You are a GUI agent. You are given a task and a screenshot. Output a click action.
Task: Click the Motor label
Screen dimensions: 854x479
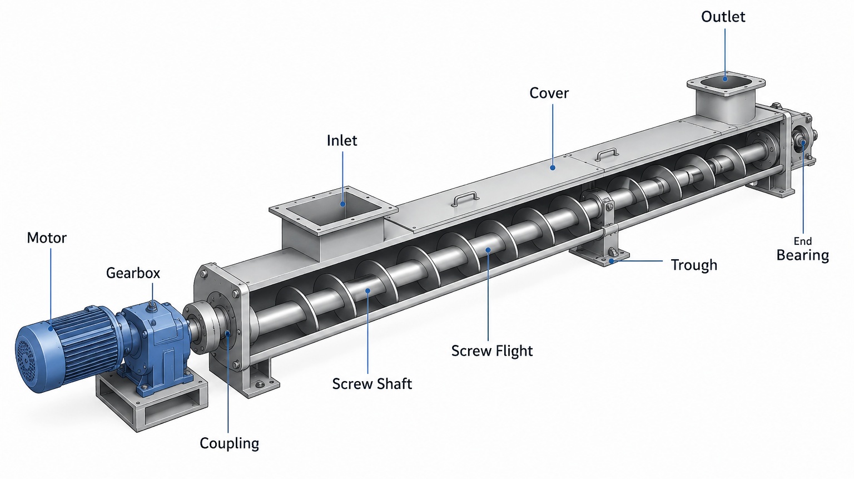(x=47, y=238)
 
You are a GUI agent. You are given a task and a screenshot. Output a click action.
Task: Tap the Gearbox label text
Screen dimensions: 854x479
(x=133, y=273)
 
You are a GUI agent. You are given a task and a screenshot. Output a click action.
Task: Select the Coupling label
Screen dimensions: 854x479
(x=229, y=443)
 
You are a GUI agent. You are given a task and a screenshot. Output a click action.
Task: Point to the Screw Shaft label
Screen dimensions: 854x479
(x=372, y=384)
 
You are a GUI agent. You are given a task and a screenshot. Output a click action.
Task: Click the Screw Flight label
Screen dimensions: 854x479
(x=492, y=351)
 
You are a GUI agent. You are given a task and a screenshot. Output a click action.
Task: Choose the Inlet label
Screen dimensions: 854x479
(x=342, y=141)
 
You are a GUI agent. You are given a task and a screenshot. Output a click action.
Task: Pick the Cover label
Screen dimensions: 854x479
(x=549, y=93)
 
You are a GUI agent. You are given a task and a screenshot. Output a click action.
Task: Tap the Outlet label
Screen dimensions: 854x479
(x=723, y=17)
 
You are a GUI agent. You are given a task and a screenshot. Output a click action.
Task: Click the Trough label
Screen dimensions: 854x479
(x=694, y=265)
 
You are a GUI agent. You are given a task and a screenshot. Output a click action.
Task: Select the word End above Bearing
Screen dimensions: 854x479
(x=802, y=241)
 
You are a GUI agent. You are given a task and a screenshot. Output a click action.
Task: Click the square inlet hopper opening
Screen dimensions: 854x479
(x=333, y=209)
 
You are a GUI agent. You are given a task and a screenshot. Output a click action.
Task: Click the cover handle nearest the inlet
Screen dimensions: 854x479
(x=465, y=198)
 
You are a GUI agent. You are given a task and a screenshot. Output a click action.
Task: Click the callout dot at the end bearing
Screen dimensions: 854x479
(x=802, y=142)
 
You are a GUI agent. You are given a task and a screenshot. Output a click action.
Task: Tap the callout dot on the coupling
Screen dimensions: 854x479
(x=227, y=333)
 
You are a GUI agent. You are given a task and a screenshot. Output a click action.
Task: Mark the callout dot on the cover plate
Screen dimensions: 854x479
(x=553, y=167)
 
